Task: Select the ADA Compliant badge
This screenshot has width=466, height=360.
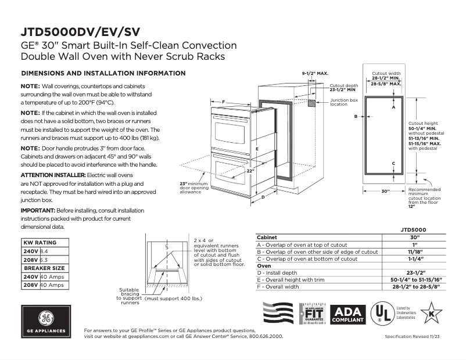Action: click(347, 314)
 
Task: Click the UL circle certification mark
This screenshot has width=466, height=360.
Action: click(381, 314)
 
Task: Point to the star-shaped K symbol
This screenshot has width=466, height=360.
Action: click(431, 314)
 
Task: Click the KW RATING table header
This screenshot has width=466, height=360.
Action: click(40, 243)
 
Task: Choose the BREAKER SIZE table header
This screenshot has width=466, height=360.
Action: click(43, 268)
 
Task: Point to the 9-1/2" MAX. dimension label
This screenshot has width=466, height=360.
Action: click(315, 74)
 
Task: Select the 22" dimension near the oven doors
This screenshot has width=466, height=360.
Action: click(249, 171)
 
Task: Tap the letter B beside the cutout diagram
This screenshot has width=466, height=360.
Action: click(356, 117)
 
